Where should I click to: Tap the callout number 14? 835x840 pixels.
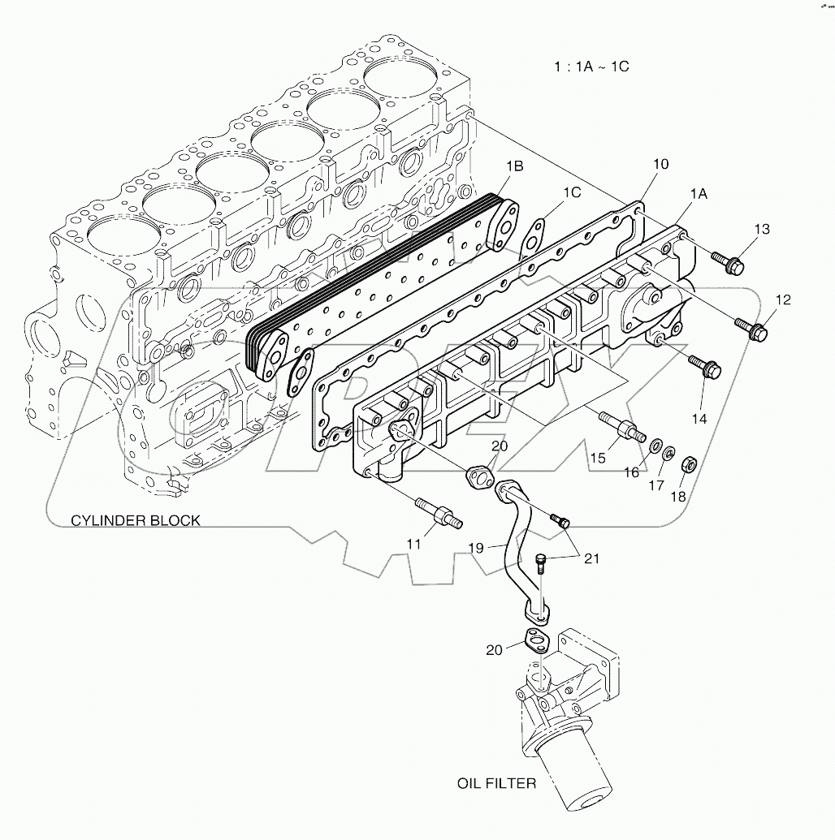pos(699,419)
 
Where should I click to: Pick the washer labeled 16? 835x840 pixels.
pos(651,445)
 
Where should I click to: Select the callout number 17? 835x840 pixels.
pos(655,485)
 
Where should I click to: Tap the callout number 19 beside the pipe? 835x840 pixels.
pos(476,549)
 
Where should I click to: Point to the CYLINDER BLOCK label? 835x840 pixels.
pos(135,520)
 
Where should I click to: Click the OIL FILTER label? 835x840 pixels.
pos(495,783)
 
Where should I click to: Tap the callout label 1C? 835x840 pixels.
pos(572,192)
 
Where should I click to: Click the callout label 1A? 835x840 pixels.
pos(699,194)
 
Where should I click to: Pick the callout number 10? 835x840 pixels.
pos(660,164)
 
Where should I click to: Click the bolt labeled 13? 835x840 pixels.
pos(728,261)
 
